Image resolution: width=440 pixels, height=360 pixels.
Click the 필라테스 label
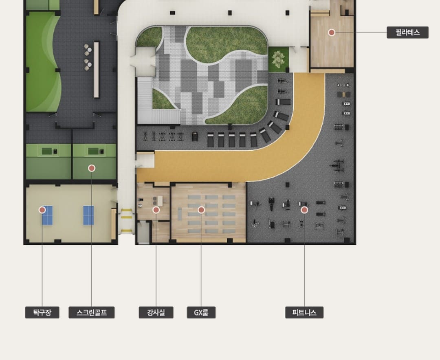pos(407,33)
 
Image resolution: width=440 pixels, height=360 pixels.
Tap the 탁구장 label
pos(42,312)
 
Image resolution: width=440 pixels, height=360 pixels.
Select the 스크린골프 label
pos(92,312)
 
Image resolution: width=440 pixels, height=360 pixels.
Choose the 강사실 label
pos(156,312)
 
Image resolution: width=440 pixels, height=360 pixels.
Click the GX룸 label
pos(201,312)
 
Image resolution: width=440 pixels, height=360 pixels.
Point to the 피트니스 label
pos(304,312)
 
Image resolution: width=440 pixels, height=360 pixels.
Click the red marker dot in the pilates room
pos(332,33)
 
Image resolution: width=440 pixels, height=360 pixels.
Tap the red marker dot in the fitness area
pos(304,210)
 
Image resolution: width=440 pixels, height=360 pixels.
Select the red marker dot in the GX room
pos(201,210)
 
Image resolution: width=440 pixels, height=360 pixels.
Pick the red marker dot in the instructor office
pos(156,210)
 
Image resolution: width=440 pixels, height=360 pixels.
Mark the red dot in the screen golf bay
pos(92,168)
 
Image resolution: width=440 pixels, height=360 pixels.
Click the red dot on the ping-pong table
pos(42,210)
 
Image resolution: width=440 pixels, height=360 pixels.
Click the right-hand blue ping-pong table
pos(88,215)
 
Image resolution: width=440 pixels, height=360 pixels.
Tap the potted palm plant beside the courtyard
pos(278,59)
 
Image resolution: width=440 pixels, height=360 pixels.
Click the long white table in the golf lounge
pos(96,70)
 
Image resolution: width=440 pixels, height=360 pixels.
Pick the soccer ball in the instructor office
pos(140,206)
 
